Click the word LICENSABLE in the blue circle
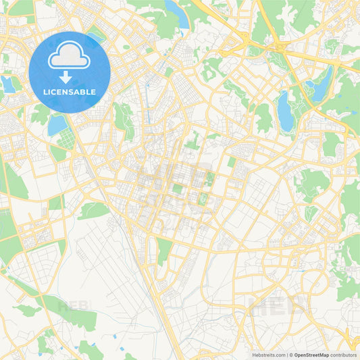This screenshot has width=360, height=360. click(70, 92)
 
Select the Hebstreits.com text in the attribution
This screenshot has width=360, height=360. click(269, 355)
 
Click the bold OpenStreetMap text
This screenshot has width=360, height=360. click(311, 355)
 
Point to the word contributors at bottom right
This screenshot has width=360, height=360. click(343, 355)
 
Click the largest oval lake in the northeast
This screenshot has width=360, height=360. click(286, 112)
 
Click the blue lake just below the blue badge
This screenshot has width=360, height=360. click(57, 124)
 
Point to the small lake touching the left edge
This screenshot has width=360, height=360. click(8, 84)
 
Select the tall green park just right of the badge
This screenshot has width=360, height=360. click(123, 120)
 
